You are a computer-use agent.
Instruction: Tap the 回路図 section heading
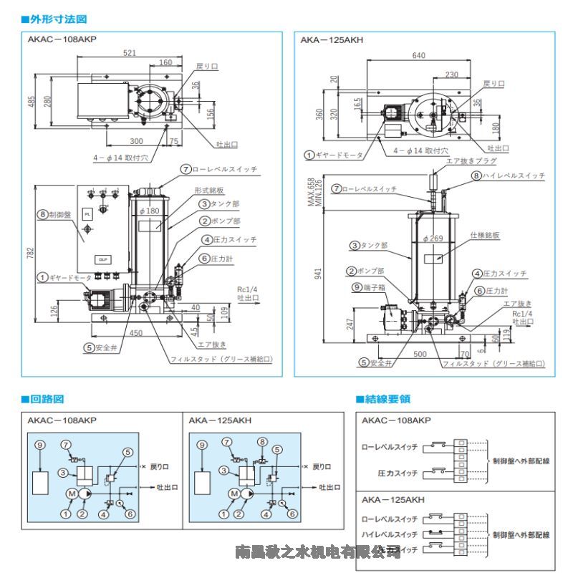click(47, 399)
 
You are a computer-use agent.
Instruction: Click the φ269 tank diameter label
click(434, 239)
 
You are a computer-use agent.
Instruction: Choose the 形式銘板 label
click(209, 191)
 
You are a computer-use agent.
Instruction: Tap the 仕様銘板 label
click(484, 235)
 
